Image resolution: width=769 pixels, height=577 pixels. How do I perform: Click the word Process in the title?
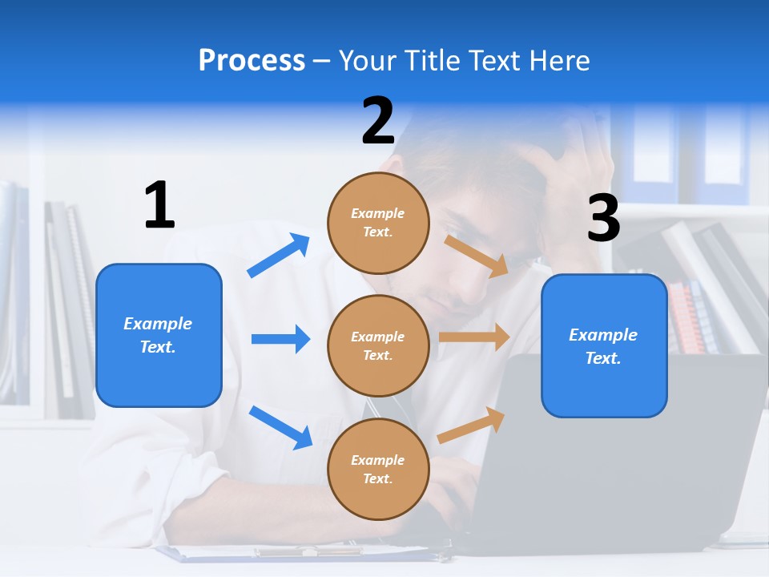(252, 61)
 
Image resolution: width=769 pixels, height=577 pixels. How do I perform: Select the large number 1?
(159, 206)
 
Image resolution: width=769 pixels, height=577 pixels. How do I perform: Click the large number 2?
(378, 121)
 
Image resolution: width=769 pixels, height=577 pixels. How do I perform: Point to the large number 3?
(603, 219)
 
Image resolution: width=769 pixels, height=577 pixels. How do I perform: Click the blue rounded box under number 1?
(159, 335)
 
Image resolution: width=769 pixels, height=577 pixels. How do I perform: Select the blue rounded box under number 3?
(604, 346)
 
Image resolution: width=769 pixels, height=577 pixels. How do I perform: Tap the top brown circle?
(378, 223)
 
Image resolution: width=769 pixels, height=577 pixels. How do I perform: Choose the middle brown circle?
(378, 345)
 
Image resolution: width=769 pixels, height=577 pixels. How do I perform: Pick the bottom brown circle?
(378, 469)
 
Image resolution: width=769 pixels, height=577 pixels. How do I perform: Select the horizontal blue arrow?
(280, 339)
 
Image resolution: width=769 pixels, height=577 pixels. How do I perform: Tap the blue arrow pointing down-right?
(280, 427)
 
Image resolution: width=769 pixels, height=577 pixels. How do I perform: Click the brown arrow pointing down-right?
(477, 256)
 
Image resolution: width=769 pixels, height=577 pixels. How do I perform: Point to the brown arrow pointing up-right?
(471, 425)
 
